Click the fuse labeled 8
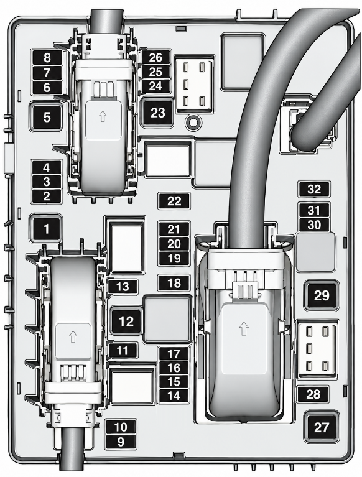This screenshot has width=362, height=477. tap(47, 58)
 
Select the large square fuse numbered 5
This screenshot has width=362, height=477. tap(47, 117)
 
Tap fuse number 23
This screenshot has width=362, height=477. tap(157, 113)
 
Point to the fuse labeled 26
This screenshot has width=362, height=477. tap(155, 57)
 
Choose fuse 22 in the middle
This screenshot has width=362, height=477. tap(174, 201)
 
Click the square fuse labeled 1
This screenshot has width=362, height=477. tap(46, 229)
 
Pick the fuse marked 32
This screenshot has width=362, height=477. tap(314, 189)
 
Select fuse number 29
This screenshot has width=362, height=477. tap(322, 295)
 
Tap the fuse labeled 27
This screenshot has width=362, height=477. tap(322, 427)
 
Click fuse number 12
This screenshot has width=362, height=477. tap(126, 322)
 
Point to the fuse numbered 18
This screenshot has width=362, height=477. tap(174, 283)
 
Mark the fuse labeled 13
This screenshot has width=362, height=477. tap(123, 286)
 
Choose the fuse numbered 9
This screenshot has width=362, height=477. tap(121, 442)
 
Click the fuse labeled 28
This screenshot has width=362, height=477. tap(313, 394)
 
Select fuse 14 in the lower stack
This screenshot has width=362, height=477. tap(174, 396)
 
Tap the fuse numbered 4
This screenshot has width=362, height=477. tap(47, 168)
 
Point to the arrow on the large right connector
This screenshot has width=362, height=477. tap(243, 329)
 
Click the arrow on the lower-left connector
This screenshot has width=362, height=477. tap(72, 336)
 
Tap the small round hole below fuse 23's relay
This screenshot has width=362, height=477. tap(192, 123)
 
